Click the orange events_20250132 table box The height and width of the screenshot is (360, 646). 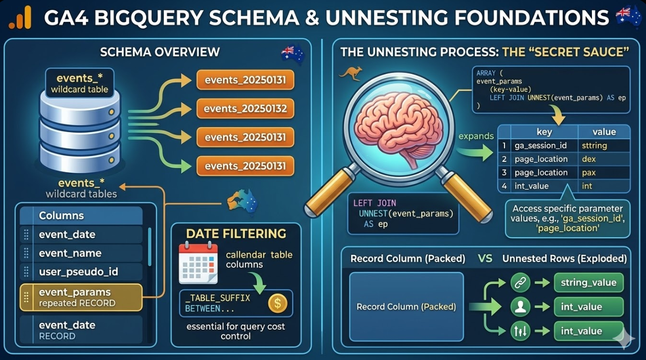pos(245,109)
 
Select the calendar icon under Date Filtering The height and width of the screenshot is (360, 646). pos(198,262)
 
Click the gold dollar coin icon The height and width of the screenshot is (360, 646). pos(277,303)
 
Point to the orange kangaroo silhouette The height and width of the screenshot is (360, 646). pos(350,74)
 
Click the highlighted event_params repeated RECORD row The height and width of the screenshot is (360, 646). pos(81,297)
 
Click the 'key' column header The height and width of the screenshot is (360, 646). pos(544,132)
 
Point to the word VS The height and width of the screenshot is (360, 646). pos(485,258)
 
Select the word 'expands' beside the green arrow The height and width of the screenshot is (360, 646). pos(475,136)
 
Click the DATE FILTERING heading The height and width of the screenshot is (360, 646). pos(236,234)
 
